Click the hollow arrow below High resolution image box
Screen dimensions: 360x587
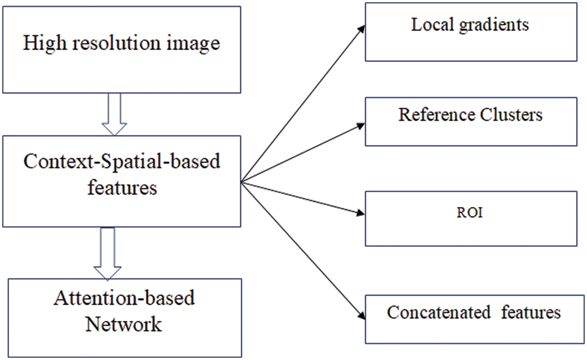click(x=114, y=114)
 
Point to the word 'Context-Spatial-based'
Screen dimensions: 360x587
click(x=122, y=162)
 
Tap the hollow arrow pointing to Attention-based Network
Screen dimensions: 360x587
click(x=107, y=253)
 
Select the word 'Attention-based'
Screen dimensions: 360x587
click(x=124, y=298)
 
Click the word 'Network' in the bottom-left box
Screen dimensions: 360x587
click(x=124, y=323)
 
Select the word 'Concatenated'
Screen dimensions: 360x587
click(x=438, y=312)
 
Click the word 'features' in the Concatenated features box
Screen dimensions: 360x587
click(x=531, y=312)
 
